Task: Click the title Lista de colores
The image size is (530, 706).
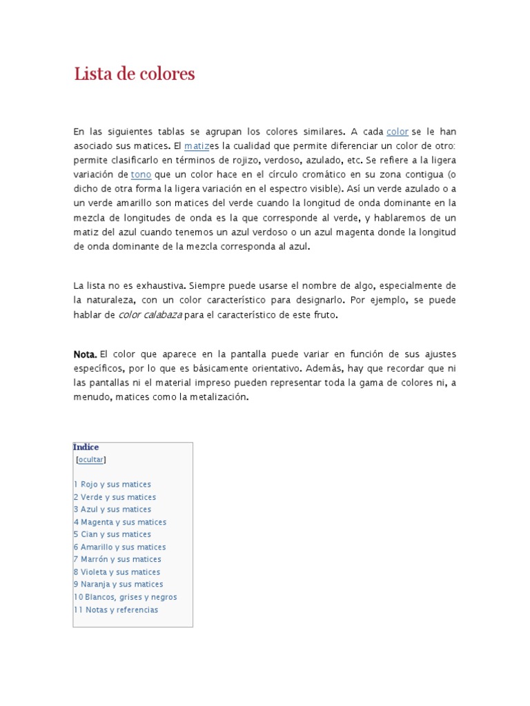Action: (135, 74)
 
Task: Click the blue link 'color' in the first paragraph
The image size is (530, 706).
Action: (397, 132)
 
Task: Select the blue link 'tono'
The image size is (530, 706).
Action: (141, 174)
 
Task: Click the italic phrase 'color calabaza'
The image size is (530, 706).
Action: (150, 315)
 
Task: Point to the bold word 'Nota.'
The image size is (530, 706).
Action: (85, 354)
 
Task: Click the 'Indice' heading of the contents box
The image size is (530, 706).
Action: (86, 447)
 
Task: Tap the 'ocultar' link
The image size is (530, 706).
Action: (91, 460)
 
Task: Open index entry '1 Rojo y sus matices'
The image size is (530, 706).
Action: (112, 485)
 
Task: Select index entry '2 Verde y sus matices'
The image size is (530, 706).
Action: (115, 497)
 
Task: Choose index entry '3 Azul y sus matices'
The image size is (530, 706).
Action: (112, 510)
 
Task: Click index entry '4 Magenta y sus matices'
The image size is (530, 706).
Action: (120, 522)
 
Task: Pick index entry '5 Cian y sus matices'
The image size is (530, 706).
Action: (112, 534)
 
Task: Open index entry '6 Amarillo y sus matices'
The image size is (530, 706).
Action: (120, 547)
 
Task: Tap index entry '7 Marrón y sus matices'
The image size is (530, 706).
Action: (117, 559)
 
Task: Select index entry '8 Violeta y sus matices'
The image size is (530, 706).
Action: (117, 572)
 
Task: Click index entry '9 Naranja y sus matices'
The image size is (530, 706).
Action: (119, 585)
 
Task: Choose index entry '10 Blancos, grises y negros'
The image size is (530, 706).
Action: (125, 597)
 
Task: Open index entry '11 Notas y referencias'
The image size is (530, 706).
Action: (116, 610)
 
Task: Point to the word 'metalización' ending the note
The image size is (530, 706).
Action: (222, 398)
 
